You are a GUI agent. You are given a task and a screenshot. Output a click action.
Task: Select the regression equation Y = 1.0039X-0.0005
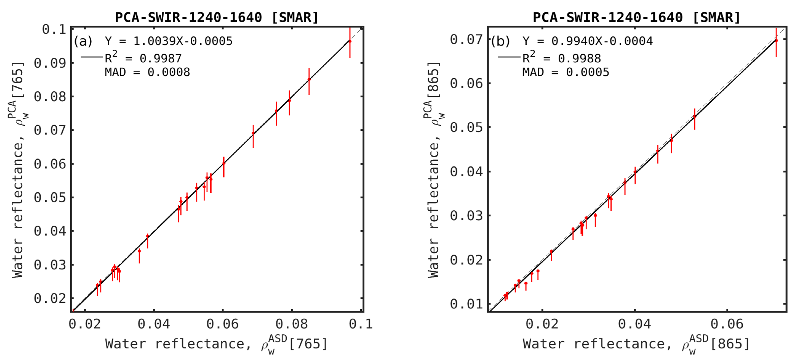[168, 41]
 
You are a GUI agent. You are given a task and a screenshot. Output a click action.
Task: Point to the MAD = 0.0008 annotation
[147, 72]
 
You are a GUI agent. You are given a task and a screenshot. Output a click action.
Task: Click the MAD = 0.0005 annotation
[565, 72]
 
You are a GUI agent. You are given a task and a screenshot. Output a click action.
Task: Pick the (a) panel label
[83, 41]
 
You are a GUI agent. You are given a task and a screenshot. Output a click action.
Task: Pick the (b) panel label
[500, 41]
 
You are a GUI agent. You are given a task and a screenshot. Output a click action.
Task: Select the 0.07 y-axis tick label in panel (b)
[466, 40]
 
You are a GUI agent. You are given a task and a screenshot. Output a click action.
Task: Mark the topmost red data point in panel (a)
[350, 41]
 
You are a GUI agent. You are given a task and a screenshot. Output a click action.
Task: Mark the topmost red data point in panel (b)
[776, 41]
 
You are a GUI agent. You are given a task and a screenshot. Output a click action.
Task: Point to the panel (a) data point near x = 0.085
[309, 80]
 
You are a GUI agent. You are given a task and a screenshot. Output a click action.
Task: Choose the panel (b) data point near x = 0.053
[694, 116]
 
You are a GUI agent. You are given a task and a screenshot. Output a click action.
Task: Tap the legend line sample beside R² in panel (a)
[92, 57]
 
